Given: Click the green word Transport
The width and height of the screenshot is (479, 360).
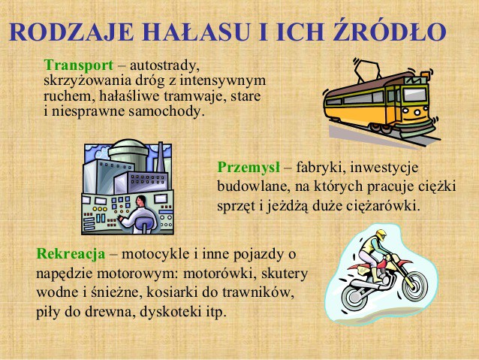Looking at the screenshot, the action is click(x=79, y=65).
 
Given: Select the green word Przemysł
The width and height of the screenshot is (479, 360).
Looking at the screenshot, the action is click(x=249, y=168).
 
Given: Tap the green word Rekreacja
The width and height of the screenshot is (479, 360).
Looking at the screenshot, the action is click(x=71, y=254).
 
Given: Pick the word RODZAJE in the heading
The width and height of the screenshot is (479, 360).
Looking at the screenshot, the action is click(x=71, y=32).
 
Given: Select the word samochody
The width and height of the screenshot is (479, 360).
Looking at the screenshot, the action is click(x=166, y=111).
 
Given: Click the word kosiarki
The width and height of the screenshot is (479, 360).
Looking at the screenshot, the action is click(x=171, y=292).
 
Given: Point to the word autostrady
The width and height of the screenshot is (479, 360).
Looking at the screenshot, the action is click(x=164, y=66).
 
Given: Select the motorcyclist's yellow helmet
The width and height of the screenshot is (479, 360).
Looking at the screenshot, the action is click(x=381, y=235).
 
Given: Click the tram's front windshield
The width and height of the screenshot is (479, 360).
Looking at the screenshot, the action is click(x=415, y=95).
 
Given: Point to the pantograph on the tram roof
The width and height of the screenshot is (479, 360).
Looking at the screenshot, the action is click(x=366, y=69).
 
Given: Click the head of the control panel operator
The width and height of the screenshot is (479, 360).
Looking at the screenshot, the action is click(x=141, y=201).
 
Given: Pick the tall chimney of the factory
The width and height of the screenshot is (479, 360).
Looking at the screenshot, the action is click(x=161, y=157).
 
